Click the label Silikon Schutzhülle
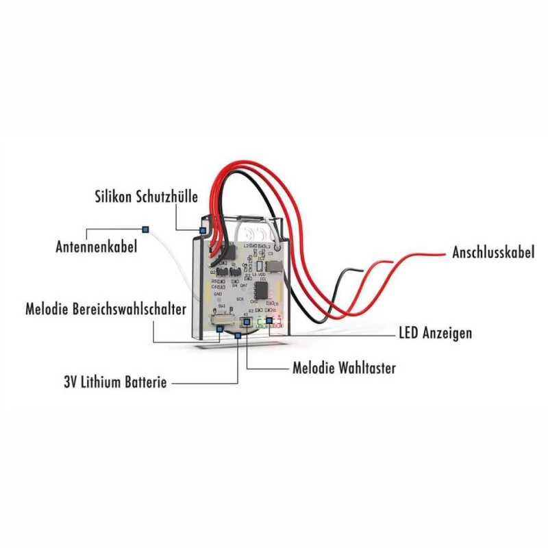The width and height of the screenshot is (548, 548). click(146, 197)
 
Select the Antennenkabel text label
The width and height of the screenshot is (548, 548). click(96, 246)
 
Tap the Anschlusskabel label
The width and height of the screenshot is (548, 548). click(493, 252)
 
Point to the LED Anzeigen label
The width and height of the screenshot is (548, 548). click(435, 334)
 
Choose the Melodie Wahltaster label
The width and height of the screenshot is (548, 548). click(344, 368)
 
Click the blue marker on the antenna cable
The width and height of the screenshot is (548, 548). click(145, 228)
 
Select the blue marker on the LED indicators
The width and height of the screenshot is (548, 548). click(269, 320)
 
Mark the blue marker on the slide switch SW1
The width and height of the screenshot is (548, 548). click(219, 329)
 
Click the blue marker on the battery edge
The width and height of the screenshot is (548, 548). click(238, 336)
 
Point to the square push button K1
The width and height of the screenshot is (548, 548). click(246, 321)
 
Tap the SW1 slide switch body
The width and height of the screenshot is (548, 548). click(223, 319)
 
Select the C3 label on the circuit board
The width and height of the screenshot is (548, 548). click(271, 253)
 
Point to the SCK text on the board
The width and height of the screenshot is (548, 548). click(240, 299)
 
